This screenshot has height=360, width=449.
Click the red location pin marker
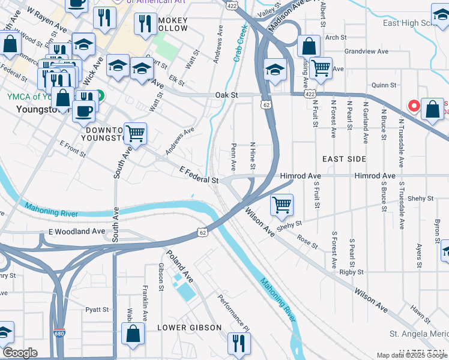(x=414, y=106)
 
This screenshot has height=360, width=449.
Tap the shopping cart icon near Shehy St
(x=282, y=205)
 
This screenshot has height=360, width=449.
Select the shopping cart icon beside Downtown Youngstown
(x=136, y=133)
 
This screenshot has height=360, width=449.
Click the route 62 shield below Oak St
(x=265, y=104)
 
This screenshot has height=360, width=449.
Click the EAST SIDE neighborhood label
(x=344, y=159)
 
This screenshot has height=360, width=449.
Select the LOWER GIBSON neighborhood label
(x=189, y=328)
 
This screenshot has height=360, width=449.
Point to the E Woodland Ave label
(x=77, y=231)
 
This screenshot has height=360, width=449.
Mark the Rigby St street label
(x=349, y=272)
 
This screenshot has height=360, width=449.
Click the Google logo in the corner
(x=19, y=353)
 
